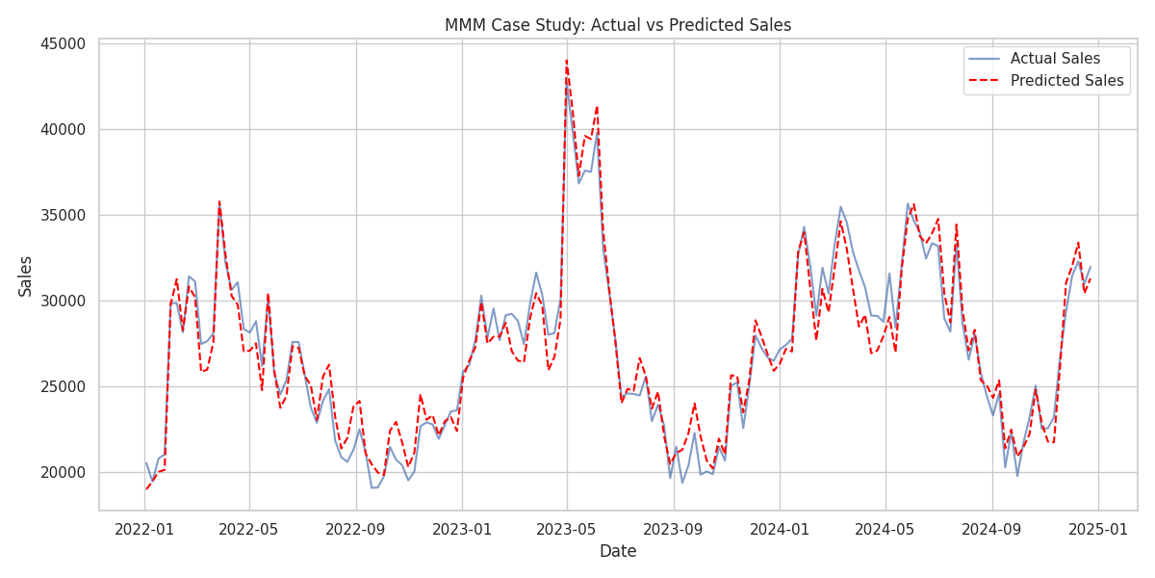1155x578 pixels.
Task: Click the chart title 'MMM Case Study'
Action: pyautogui.click(x=617, y=25)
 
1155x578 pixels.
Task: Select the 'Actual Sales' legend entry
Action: pyautogui.click(x=1055, y=59)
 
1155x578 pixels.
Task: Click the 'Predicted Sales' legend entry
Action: pyautogui.click(x=1066, y=81)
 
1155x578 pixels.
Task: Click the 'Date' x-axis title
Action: pyautogui.click(x=617, y=552)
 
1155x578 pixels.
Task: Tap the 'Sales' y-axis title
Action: pyautogui.click(x=26, y=276)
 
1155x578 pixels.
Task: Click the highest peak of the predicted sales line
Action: pyautogui.click(x=566, y=60)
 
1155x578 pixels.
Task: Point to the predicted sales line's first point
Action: pyautogui.click(x=146, y=488)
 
